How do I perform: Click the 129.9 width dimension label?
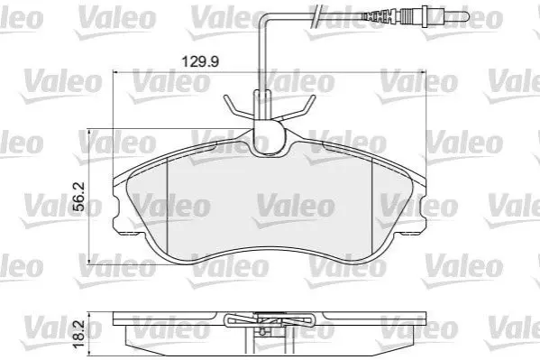tap(200, 61)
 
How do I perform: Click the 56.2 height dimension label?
tap(79, 197)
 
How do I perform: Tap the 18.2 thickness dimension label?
tap(79, 334)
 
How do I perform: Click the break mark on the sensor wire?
tap(316, 16)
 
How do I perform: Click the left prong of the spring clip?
tap(238, 106)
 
